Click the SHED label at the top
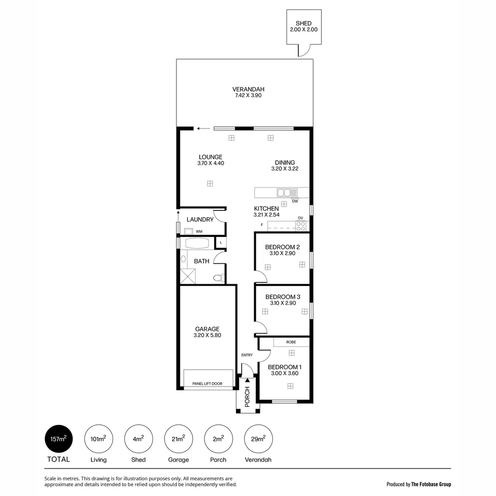(304, 23)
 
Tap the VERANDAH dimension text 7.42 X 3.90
(248, 96)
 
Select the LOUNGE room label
(210, 157)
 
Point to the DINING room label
(285, 163)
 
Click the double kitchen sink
(287, 193)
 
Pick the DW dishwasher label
(295, 201)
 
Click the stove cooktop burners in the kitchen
(300, 226)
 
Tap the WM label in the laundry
(199, 231)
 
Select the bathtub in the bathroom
(197, 243)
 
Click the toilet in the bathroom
(219, 278)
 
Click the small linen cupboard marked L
(221, 242)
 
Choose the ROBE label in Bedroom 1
(291, 342)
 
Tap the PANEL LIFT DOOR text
(207, 383)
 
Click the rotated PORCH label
(247, 397)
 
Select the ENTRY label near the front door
(247, 355)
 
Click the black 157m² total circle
(58, 439)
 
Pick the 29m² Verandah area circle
(258, 439)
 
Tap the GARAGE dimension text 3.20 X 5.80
(207, 336)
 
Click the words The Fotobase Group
(431, 484)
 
